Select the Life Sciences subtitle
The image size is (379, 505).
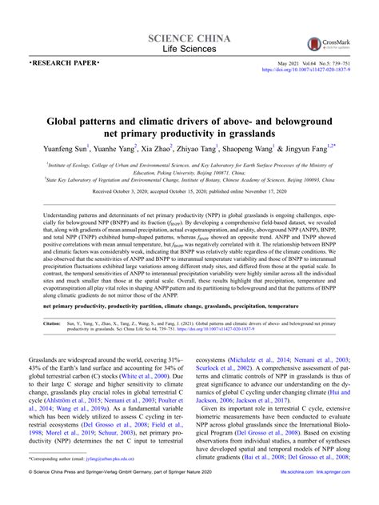[189, 51]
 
